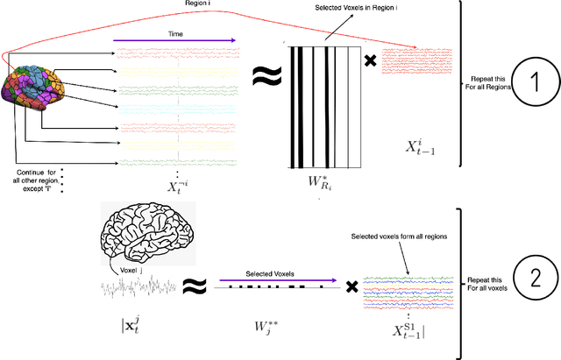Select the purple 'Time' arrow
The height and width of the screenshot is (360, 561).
coord(175,39)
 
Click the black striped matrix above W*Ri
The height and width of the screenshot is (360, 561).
coord(323,103)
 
